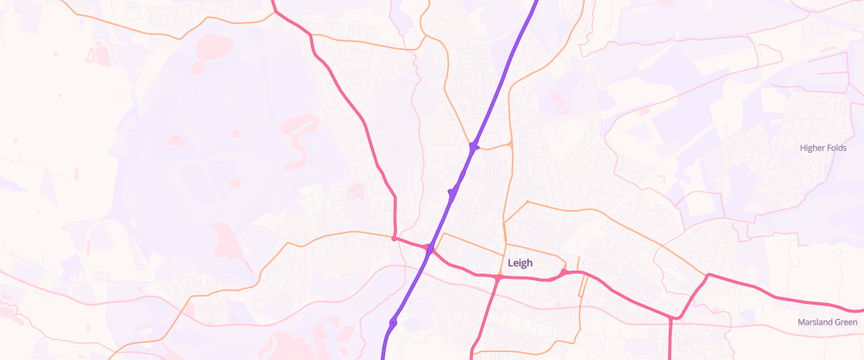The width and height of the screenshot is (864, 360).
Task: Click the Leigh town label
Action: click(520, 264)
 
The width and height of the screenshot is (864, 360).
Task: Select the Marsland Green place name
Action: click(827, 322)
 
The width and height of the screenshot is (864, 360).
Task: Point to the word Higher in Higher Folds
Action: click(814, 148)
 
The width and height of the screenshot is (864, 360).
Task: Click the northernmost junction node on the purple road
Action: click(473, 147)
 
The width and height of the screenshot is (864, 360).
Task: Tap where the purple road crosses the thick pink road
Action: click(429, 249)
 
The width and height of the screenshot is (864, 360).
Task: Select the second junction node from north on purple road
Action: click(452, 191)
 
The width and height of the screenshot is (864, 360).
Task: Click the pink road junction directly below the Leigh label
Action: click(498, 276)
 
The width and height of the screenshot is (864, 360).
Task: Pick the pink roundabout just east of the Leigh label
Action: click(564, 271)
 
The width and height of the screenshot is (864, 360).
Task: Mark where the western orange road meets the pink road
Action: click(394, 238)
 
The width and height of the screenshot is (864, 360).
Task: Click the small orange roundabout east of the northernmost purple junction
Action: click(510, 145)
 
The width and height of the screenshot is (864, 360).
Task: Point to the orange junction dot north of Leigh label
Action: click(528, 202)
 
